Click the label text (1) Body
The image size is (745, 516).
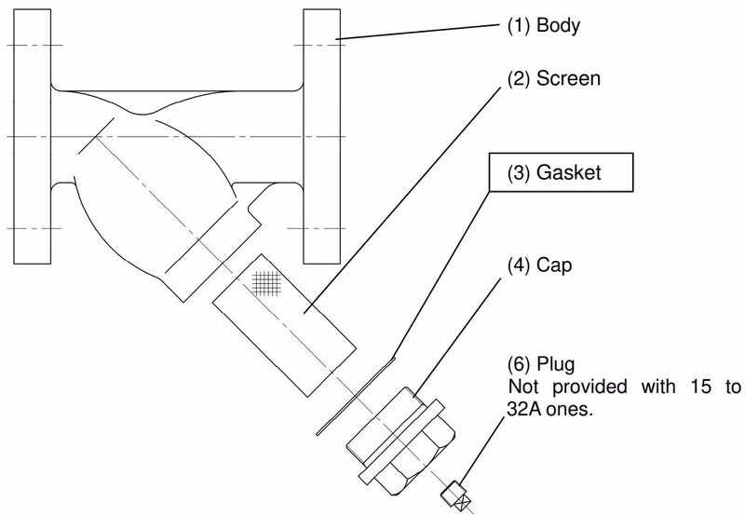(x=544, y=25)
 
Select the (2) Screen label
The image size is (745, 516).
(x=554, y=78)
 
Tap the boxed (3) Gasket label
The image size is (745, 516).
(x=562, y=172)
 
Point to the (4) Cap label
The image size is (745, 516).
(x=540, y=265)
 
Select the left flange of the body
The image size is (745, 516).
(x=32, y=136)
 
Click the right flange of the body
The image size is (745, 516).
(x=321, y=136)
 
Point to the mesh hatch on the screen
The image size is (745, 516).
(x=266, y=283)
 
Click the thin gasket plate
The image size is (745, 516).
(x=356, y=396)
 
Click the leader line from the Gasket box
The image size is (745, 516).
(x=441, y=275)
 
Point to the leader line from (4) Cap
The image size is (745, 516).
(x=457, y=337)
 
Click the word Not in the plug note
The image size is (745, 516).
(x=523, y=387)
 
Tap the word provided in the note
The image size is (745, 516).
(x=589, y=387)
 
